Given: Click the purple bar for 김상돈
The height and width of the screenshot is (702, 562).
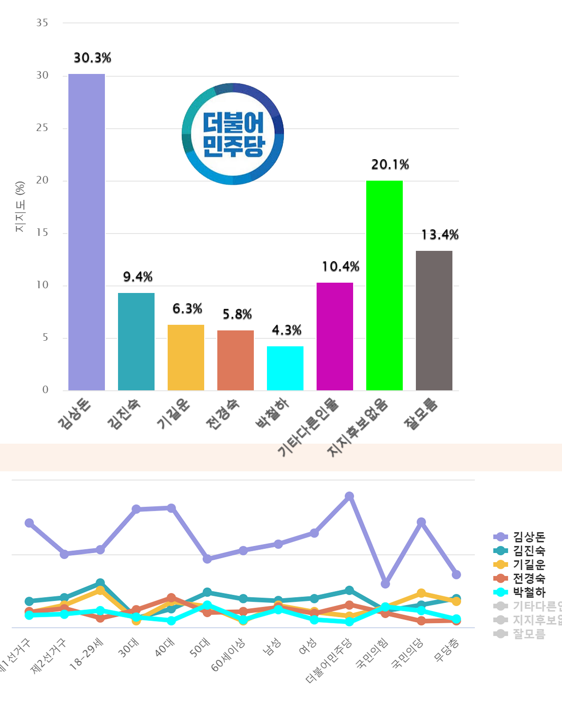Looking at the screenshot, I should [87, 232].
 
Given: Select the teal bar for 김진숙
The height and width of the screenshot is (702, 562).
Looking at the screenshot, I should [136, 341].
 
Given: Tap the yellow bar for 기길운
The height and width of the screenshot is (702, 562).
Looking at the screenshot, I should [186, 357].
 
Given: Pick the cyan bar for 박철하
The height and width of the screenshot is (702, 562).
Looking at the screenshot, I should [285, 368].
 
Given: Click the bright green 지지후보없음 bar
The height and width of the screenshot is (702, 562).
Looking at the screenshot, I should [385, 285].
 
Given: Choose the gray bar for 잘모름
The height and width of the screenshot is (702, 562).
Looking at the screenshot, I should [434, 320].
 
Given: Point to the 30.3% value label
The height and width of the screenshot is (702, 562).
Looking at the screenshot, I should [92, 58].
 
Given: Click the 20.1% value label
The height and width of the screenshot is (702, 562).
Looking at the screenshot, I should [390, 165].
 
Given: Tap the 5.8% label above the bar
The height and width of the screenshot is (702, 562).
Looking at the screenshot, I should [237, 314].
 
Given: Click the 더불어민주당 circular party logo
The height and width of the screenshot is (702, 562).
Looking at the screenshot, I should [233, 134].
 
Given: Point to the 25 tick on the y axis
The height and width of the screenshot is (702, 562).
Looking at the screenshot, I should [42, 128].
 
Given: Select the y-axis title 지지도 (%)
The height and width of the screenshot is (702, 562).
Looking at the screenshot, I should [20, 206].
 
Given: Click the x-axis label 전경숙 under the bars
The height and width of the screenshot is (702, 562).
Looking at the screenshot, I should [222, 414].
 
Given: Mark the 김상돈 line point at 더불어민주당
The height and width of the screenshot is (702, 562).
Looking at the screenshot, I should [349, 496].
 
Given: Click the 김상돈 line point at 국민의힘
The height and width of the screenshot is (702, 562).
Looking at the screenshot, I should [385, 584].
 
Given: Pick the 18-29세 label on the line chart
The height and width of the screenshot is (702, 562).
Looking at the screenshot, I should [86, 654].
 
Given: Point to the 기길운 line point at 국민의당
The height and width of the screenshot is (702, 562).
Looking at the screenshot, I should [421, 593].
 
